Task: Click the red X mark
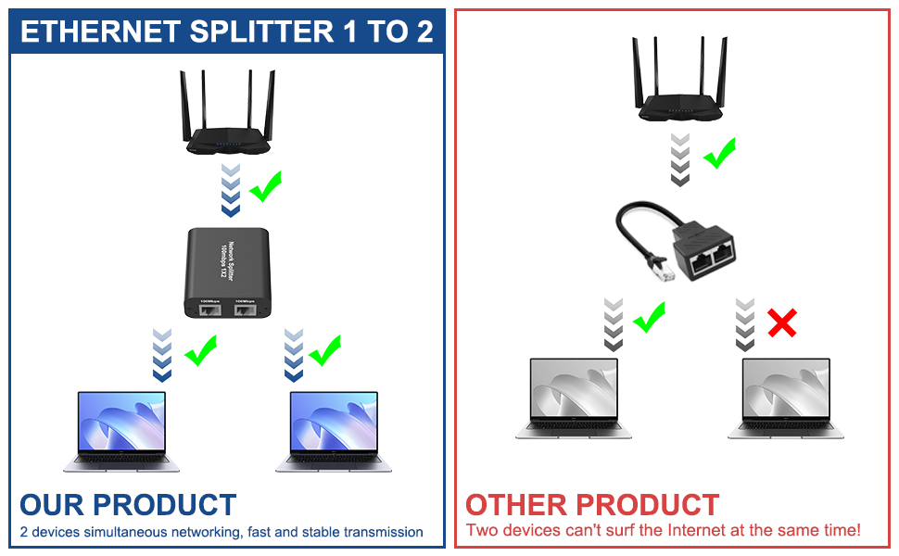click(782, 323)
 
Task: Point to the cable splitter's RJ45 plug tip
click(645, 273)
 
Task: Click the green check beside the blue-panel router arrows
click(265, 186)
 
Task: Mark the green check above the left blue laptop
click(200, 351)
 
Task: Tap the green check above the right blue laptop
click(324, 351)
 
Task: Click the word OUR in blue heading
click(53, 505)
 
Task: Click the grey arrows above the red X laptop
click(745, 324)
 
